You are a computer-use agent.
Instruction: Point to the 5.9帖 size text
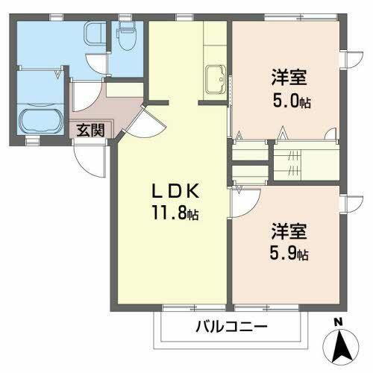287,254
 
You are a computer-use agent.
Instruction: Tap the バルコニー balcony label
231,326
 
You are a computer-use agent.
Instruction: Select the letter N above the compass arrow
338,322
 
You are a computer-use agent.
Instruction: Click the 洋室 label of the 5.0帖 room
287,78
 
